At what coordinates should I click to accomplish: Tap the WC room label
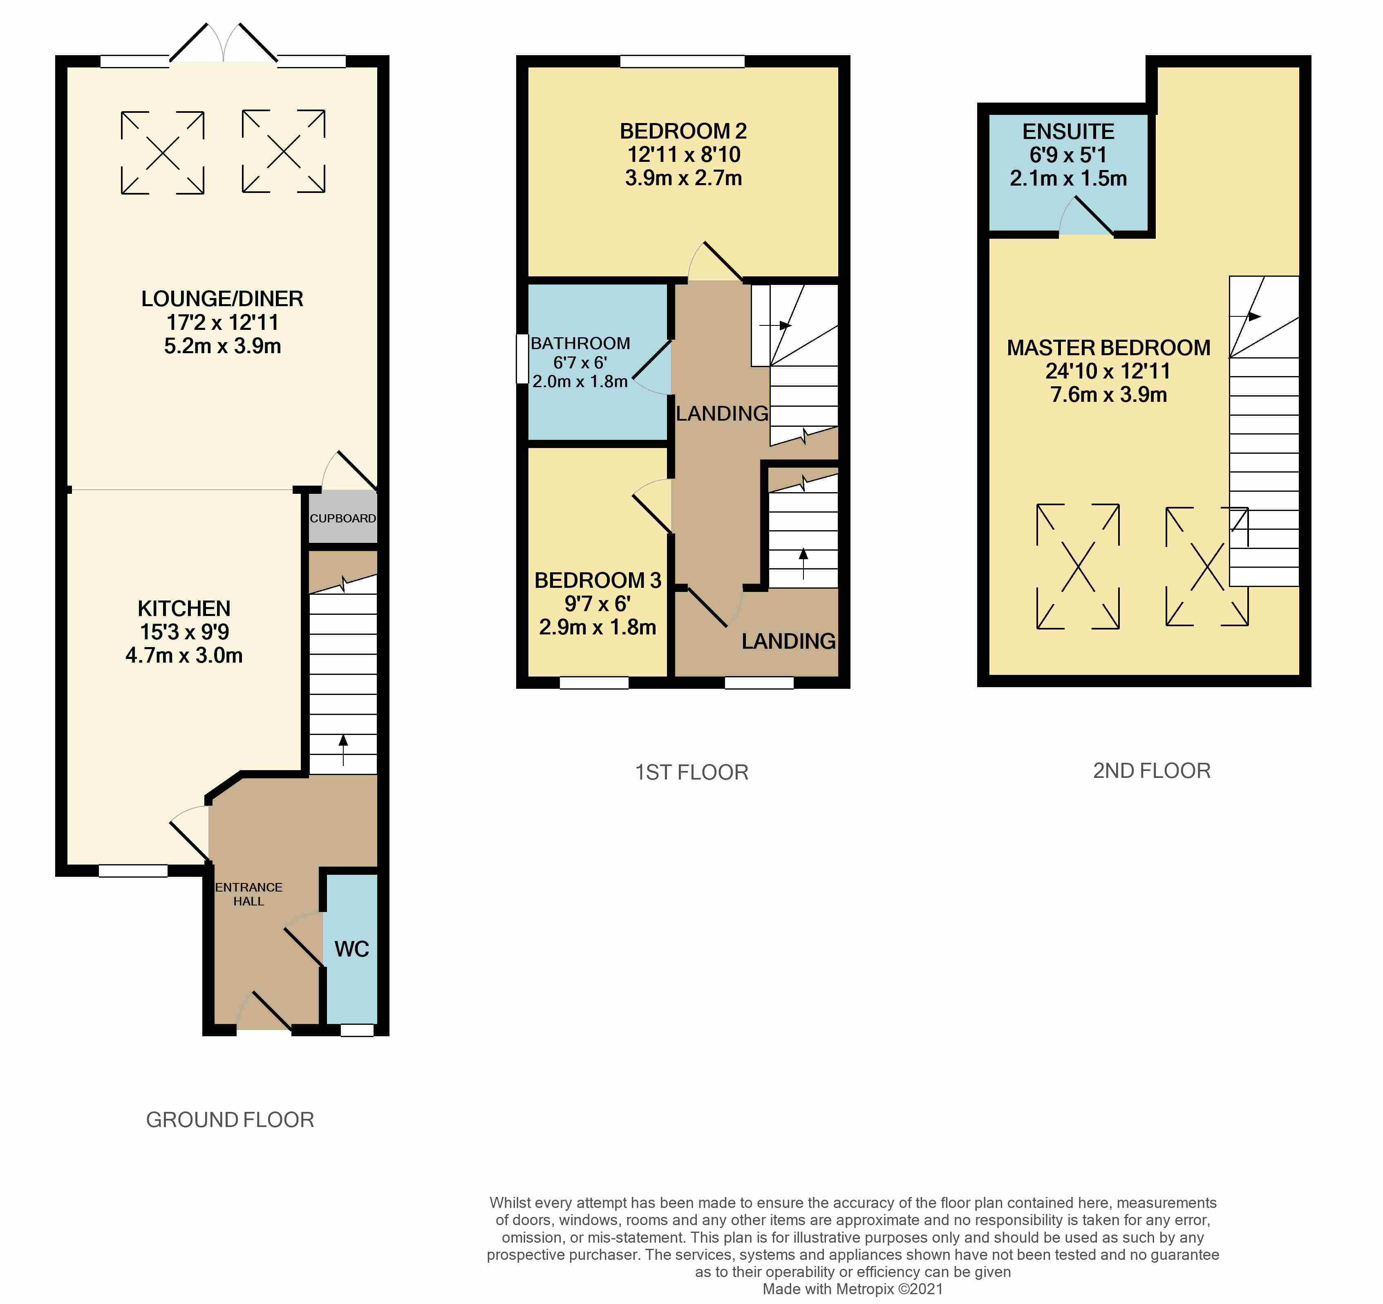(351, 949)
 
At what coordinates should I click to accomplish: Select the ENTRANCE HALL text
(248, 894)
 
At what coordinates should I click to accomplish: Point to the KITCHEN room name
(184, 608)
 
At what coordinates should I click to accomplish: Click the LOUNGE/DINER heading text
(222, 298)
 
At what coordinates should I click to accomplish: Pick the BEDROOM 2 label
(683, 131)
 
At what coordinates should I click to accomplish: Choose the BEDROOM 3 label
(598, 580)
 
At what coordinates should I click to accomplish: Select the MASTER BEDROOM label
(1108, 347)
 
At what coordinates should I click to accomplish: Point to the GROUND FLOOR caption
(230, 1120)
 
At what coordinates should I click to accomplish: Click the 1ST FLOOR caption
(691, 772)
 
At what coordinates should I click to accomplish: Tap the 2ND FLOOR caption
(1152, 771)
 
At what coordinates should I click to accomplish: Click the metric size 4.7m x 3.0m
(184, 656)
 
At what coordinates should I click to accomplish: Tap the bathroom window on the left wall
(522, 359)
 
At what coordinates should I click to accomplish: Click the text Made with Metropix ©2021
(853, 1289)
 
